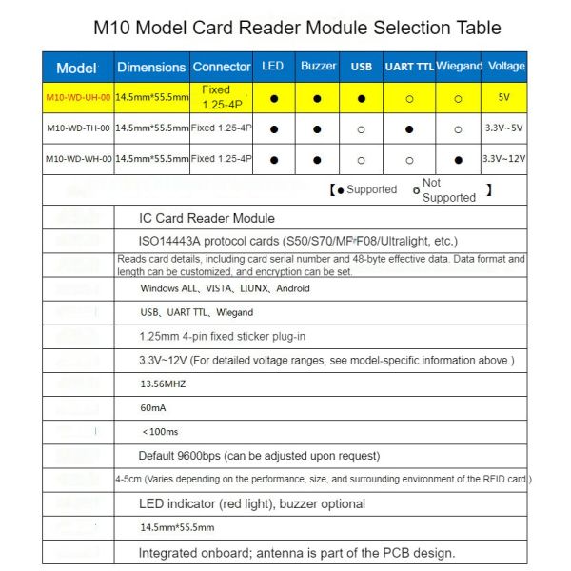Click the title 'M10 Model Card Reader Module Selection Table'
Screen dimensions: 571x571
tap(298, 28)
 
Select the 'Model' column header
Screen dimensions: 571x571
tap(76, 68)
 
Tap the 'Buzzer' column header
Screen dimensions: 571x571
tap(318, 67)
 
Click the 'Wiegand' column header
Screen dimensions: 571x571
tap(459, 67)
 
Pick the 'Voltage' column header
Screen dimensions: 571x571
tap(505, 67)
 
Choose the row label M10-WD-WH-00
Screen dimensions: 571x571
tap(78, 159)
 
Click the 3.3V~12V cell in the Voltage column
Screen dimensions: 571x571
tap(504, 159)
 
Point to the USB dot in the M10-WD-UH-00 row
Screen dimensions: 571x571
tap(362, 98)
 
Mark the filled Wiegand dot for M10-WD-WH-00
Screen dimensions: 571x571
tap(459, 159)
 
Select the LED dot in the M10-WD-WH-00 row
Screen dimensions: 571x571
tap(274, 159)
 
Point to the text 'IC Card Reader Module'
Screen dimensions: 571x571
tap(207, 218)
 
